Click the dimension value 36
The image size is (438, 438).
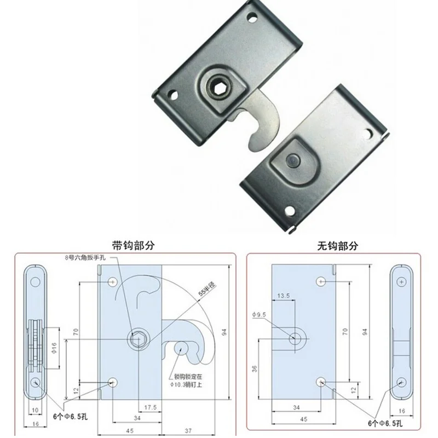coord(255,368)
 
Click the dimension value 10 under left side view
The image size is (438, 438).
coord(34,408)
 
